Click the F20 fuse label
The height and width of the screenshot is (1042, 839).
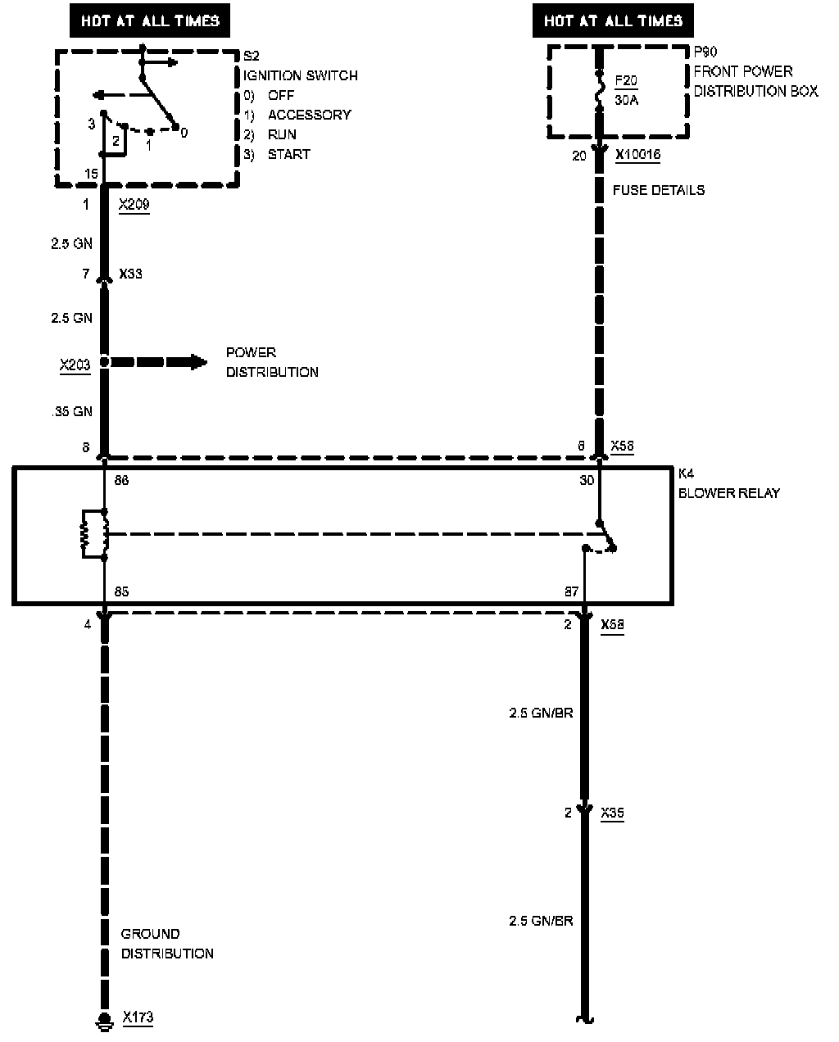click(625, 81)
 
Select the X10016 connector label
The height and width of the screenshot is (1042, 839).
click(632, 155)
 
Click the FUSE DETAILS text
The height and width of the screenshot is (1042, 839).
click(658, 190)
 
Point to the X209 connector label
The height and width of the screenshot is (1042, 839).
click(134, 205)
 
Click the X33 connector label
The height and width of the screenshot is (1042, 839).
click(130, 274)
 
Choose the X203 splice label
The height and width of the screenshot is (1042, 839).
click(75, 365)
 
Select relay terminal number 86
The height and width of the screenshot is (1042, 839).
click(121, 481)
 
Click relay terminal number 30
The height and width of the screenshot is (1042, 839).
click(587, 481)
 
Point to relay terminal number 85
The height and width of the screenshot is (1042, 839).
click(121, 591)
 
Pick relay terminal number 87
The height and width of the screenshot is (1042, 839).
click(571, 591)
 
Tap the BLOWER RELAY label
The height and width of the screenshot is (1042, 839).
click(728, 493)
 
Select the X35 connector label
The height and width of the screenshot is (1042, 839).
click(612, 813)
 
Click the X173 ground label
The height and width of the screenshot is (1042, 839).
click(138, 1017)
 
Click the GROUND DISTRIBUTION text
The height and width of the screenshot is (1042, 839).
click(167, 944)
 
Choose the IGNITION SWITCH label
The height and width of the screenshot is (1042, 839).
click(300, 75)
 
